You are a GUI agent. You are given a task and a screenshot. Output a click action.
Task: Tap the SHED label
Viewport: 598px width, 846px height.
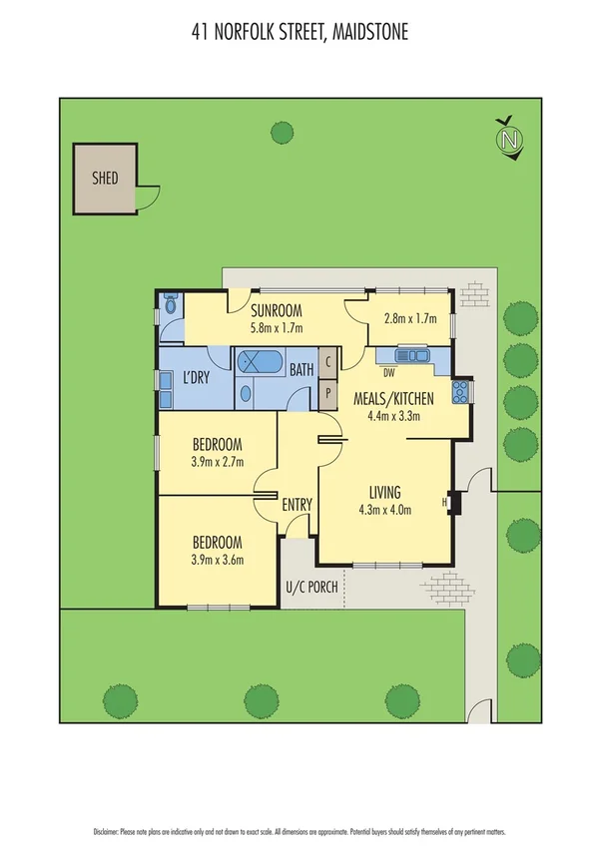(105, 179)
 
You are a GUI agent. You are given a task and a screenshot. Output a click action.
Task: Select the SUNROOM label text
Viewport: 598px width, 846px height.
(277, 308)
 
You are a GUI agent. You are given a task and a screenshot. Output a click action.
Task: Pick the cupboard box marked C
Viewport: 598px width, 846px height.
(327, 363)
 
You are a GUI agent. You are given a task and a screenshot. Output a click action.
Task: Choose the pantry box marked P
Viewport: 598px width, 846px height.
(327, 392)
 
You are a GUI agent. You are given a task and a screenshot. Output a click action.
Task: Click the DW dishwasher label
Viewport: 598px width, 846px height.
(388, 373)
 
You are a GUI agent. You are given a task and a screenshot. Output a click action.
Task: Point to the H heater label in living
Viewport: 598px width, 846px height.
(445, 502)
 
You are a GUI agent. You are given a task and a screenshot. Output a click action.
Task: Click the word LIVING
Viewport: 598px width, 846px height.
(385, 493)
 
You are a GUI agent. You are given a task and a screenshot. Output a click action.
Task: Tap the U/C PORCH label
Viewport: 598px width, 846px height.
(311, 587)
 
